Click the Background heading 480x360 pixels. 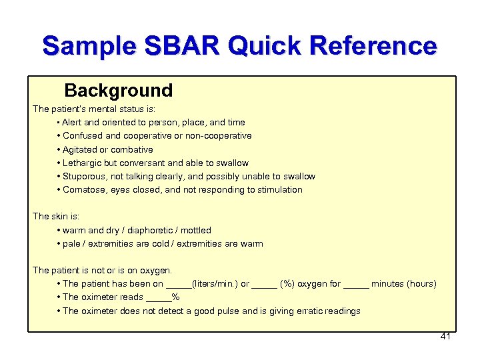pos(119,91)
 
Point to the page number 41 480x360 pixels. pos(445,337)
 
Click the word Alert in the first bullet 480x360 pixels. pos(73,123)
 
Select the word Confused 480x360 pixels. pos(83,136)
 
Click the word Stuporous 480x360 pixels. pos(83,177)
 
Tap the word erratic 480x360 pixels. pos(307,311)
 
